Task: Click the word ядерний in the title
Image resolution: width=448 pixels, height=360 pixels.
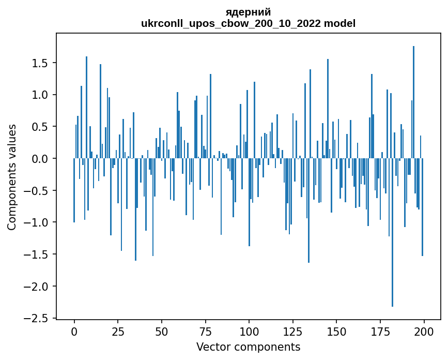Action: pos(248,12)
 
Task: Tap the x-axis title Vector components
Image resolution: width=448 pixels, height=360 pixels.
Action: pos(248,347)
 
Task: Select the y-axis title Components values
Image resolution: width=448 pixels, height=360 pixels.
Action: pos(11,177)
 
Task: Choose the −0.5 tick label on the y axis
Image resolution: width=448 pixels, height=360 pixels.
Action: pos(38,191)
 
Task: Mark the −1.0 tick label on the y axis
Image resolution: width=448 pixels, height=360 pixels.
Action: pos(38,222)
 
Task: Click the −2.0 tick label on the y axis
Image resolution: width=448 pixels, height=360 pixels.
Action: pos(38,287)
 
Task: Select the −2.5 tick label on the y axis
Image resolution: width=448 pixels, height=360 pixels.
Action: pos(38,318)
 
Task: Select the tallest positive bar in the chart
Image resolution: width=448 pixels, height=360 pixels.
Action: pos(413,103)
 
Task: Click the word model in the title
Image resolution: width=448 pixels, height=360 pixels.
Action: pos(341,23)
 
